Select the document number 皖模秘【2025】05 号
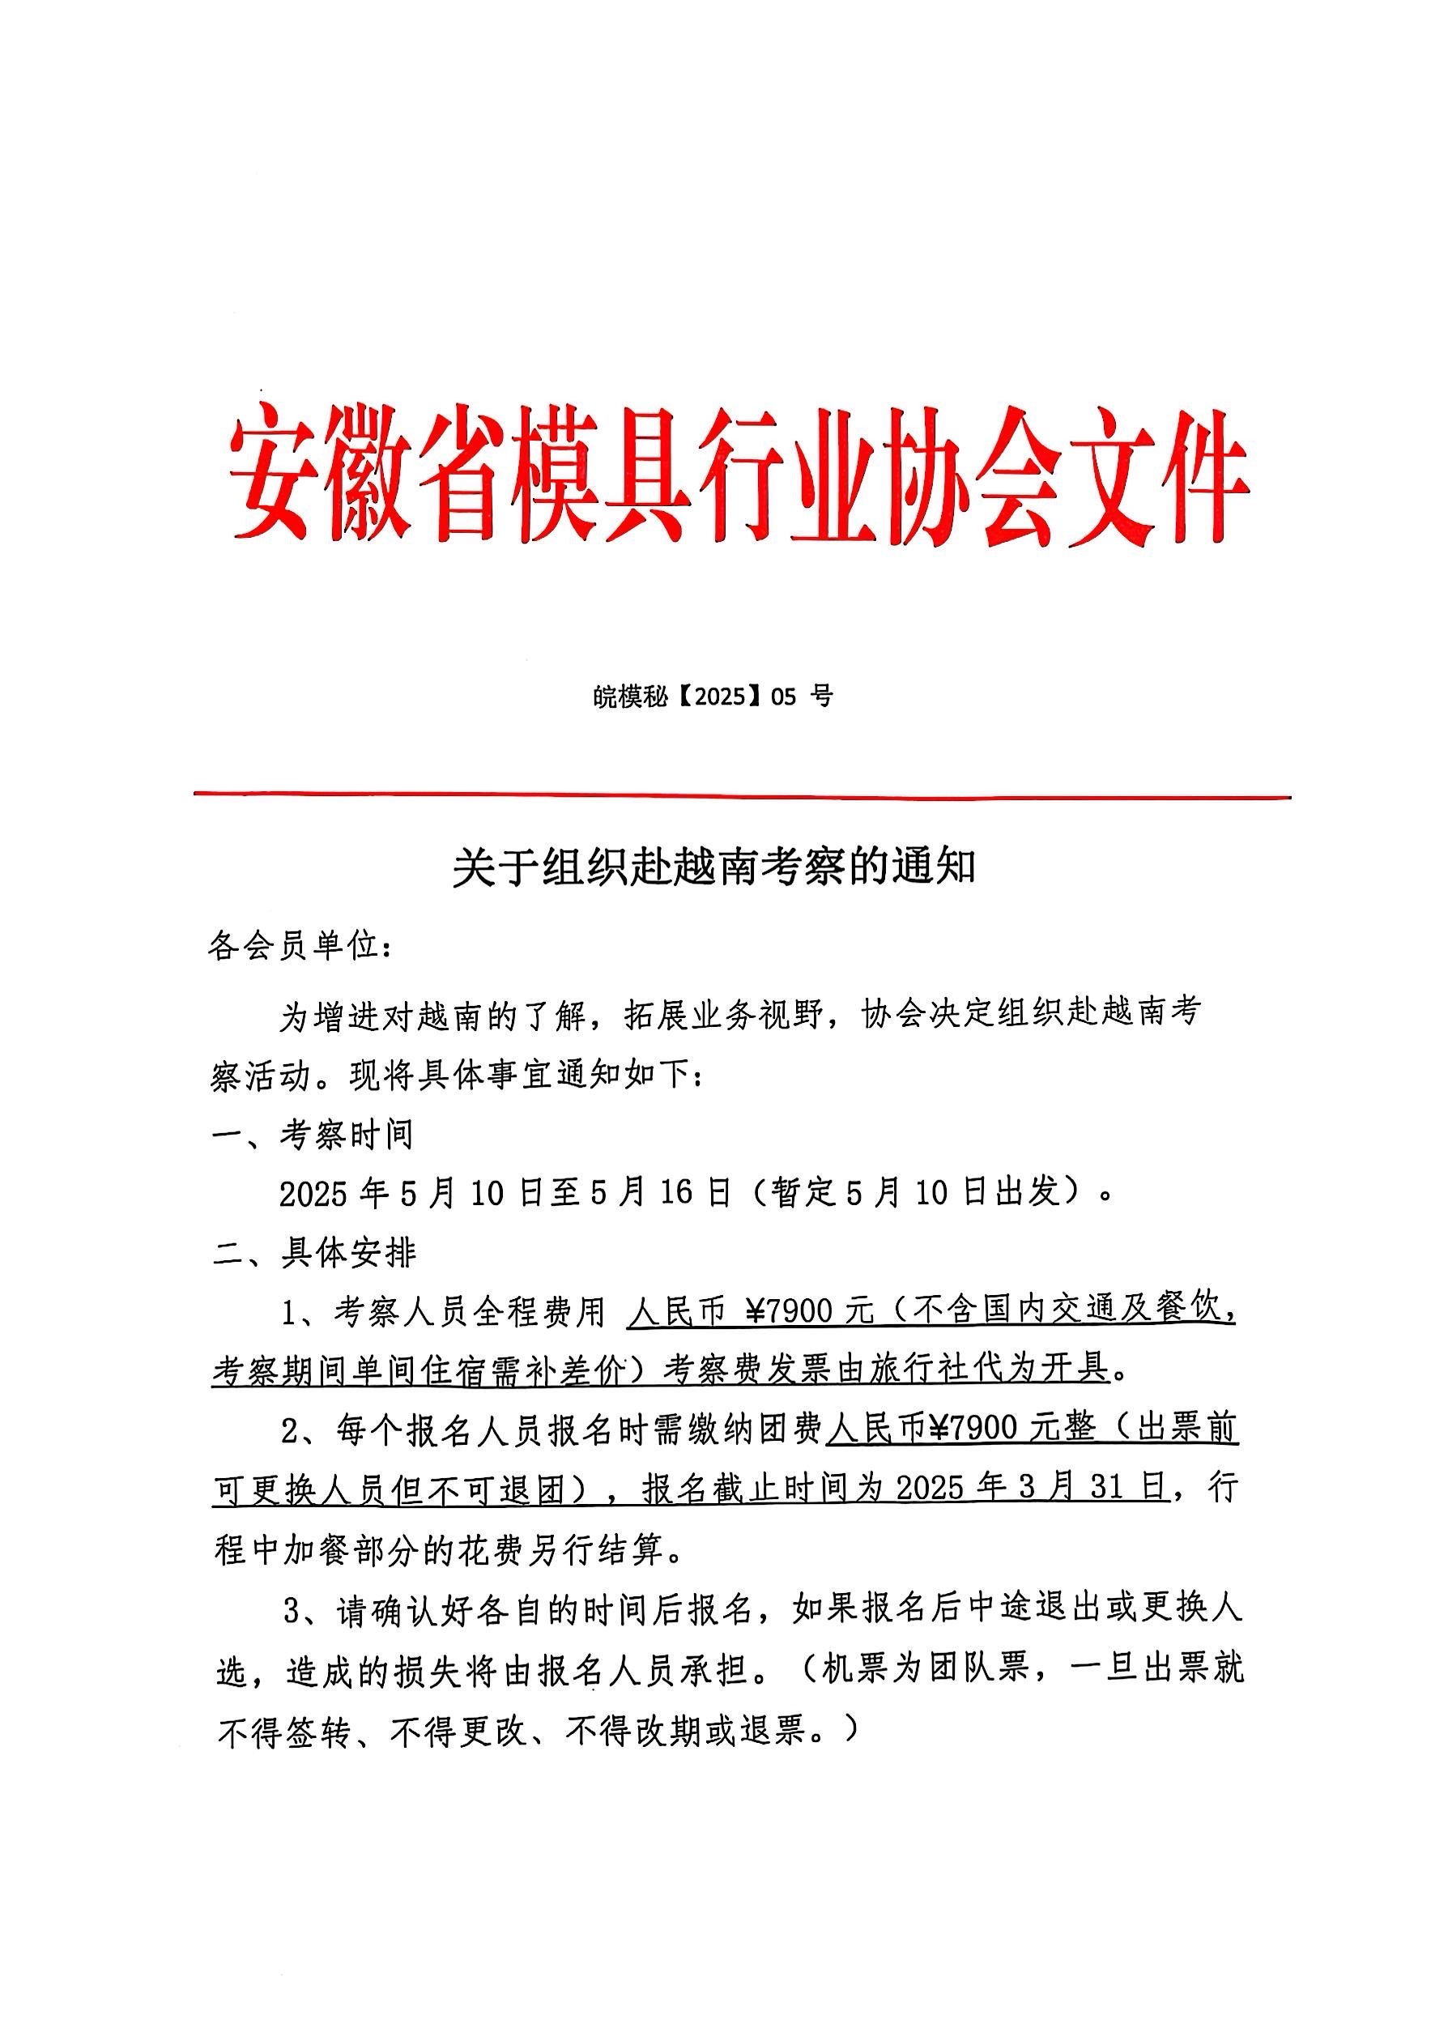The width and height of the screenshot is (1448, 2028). pyautogui.click(x=713, y=697)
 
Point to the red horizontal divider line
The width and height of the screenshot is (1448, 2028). pyautogui.click(x=742, y=795)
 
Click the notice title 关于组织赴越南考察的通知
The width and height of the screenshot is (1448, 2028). pyautogui.click(x=714, y=867)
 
